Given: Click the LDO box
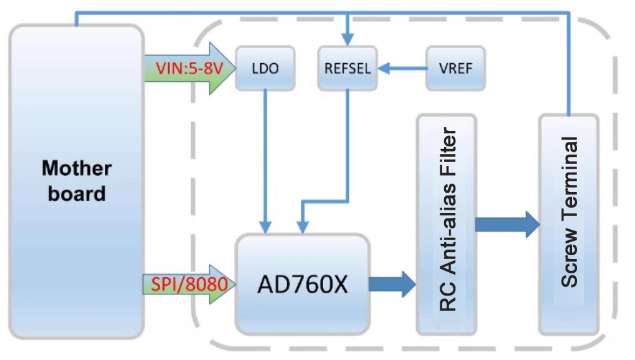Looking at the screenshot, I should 264,68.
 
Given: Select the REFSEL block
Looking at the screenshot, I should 348,68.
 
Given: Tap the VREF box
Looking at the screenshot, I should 455,68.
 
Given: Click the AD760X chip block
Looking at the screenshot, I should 303,284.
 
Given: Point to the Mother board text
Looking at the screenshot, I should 77,181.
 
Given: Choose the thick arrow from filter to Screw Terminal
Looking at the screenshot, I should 507,225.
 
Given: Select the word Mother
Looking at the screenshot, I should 77,169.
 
